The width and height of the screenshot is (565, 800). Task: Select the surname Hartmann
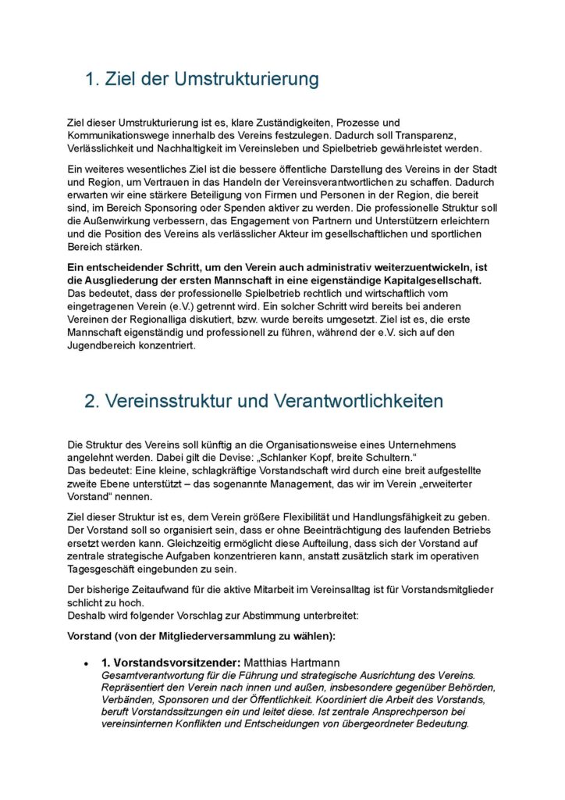pos(311,662)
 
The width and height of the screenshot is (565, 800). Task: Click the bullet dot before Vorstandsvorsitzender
pos(87,663)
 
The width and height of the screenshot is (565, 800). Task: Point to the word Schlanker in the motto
pos(288,458)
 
